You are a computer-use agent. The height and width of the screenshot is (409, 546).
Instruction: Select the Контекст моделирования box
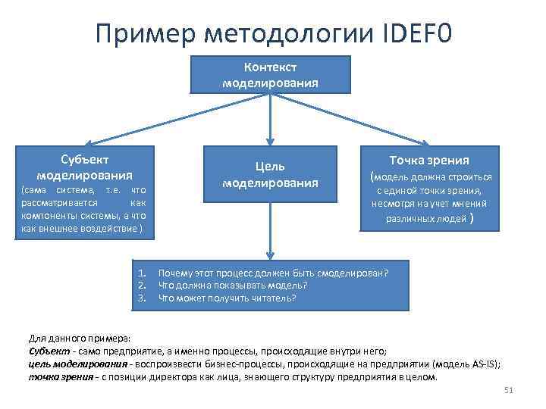coord(270,74)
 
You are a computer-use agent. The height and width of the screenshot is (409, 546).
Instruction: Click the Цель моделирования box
coord(270,173)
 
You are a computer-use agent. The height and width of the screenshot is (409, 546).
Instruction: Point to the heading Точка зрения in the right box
coord(429,160)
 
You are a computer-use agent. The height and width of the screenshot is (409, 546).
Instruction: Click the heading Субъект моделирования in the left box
coord(84,166)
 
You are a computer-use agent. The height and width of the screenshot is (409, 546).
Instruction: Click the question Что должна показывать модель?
coord(232,286)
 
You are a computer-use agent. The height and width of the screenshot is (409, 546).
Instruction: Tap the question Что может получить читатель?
coord(227,298)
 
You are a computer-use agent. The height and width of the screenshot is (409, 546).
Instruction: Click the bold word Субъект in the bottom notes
coord(48,351)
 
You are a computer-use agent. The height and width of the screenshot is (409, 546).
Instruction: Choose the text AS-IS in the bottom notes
coord(483,364)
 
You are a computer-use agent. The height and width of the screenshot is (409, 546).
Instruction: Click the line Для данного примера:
coord(80,339)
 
